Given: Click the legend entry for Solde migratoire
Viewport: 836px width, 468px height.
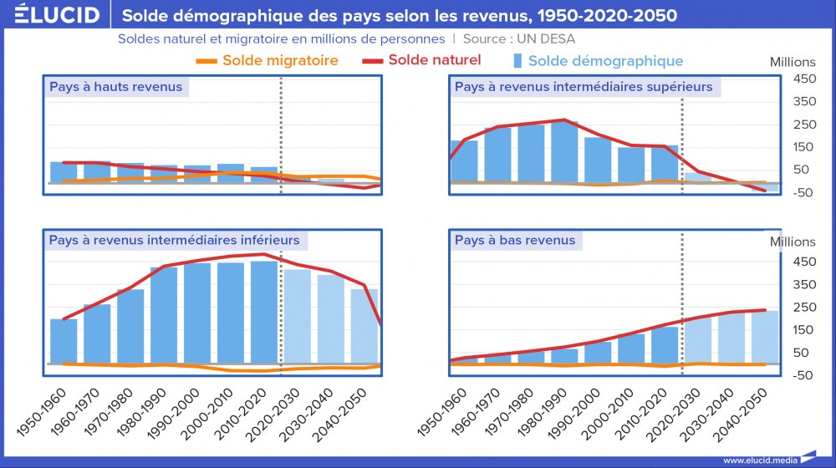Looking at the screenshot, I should tap(267, 60).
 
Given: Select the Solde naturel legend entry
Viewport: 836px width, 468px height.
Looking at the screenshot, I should tap(422, 60).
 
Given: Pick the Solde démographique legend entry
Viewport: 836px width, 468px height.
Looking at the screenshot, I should tap(597, 61).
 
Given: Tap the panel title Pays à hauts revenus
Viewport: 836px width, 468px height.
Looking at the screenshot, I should tap(115, 87).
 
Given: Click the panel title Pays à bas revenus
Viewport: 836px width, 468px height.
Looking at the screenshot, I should tap(514, 241).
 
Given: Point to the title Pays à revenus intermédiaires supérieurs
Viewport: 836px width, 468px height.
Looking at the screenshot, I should tap(583, 87).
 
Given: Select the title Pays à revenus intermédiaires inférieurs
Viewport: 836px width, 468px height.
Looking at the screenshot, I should tap(174, 241).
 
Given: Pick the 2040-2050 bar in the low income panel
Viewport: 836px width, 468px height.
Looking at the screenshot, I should tap(765, 338).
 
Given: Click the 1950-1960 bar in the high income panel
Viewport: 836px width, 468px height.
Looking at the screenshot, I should tap(64, 173).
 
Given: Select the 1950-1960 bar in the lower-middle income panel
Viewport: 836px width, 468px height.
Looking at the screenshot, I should tap(64, 342).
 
